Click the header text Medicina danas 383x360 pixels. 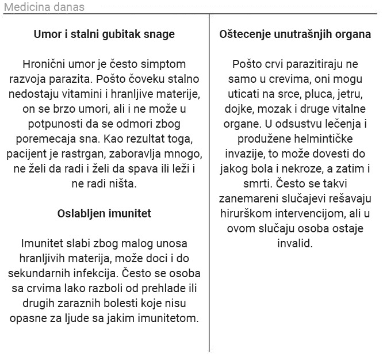[44, 7]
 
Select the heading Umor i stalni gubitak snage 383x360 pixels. [104, 35]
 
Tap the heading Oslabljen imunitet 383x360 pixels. [104, 213]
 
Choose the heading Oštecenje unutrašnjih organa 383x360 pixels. [295, 35]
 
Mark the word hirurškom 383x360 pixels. [244, 213]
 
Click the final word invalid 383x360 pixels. [295, 243]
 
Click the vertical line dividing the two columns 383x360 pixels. [209, 184]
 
